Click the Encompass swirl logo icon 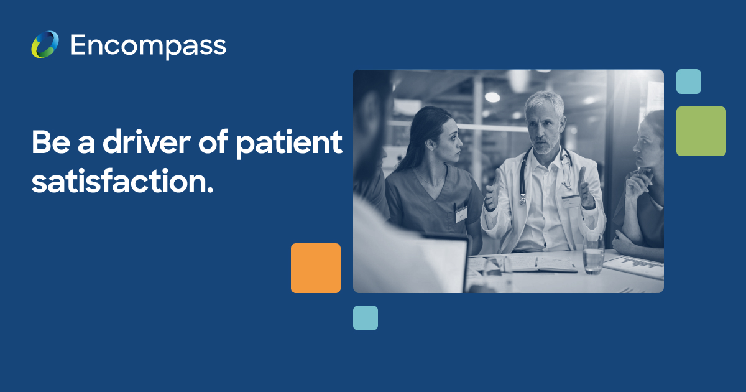pos(45,45)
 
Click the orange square pos(316,268)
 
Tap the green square pos(701,131)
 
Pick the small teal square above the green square pos(689,82)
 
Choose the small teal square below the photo pos(366,318)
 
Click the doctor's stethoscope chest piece pos(523,199)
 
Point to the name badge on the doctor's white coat pos(570,200)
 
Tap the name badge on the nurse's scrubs pos(461,214)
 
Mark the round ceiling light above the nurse pos(492,97)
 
